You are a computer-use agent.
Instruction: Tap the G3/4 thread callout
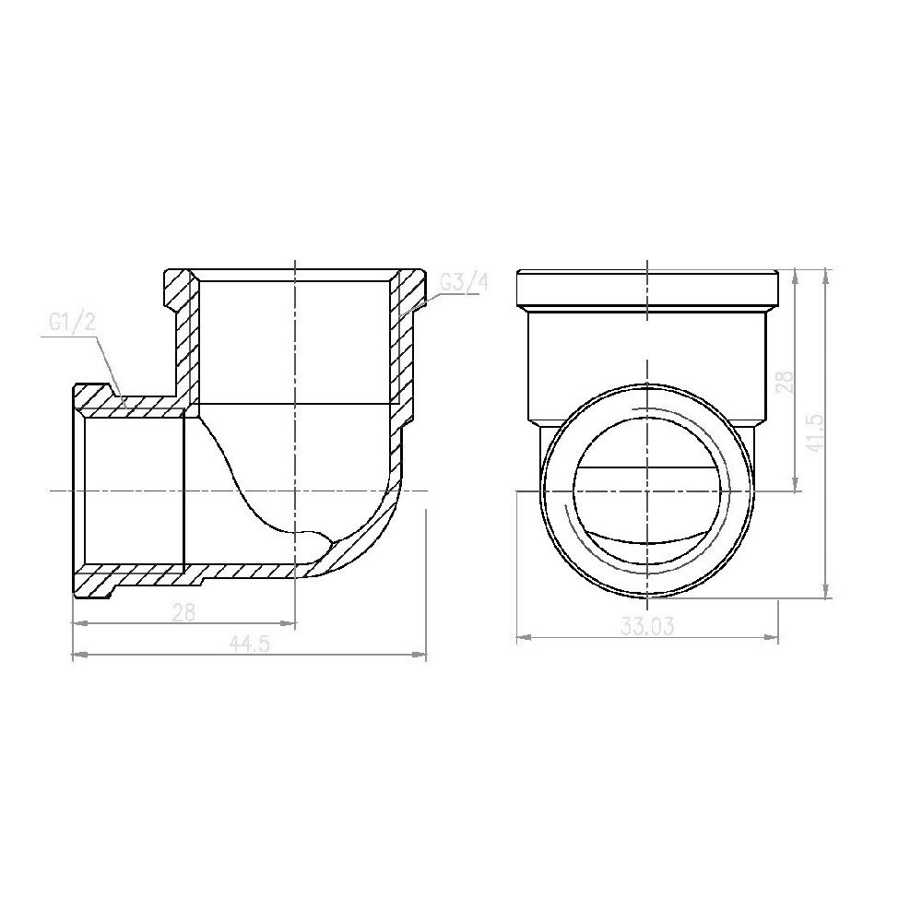coord(462,283)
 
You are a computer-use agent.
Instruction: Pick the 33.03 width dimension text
coord(648,626)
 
